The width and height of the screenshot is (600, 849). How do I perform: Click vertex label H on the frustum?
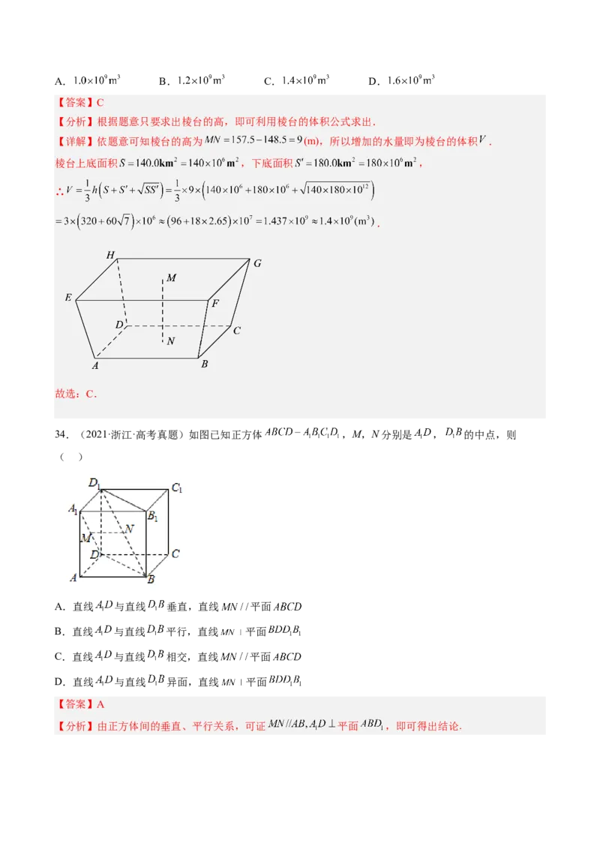(110, 256)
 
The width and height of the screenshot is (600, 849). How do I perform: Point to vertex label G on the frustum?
(257, 263)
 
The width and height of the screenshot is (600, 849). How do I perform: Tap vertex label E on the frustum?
(68, 298)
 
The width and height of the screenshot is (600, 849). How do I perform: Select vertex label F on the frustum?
(215, 304)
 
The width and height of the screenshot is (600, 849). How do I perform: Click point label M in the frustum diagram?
(172, 278)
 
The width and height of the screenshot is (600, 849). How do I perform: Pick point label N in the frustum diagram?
(171, 341)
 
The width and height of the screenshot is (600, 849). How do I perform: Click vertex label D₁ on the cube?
(94, 483)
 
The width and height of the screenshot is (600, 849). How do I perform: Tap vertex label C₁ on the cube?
(177, 488)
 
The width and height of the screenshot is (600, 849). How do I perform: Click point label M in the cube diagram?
(85, 538)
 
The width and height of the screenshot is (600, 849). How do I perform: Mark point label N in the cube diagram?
(129, 529)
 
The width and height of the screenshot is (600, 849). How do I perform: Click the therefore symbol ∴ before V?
(60, 191)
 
